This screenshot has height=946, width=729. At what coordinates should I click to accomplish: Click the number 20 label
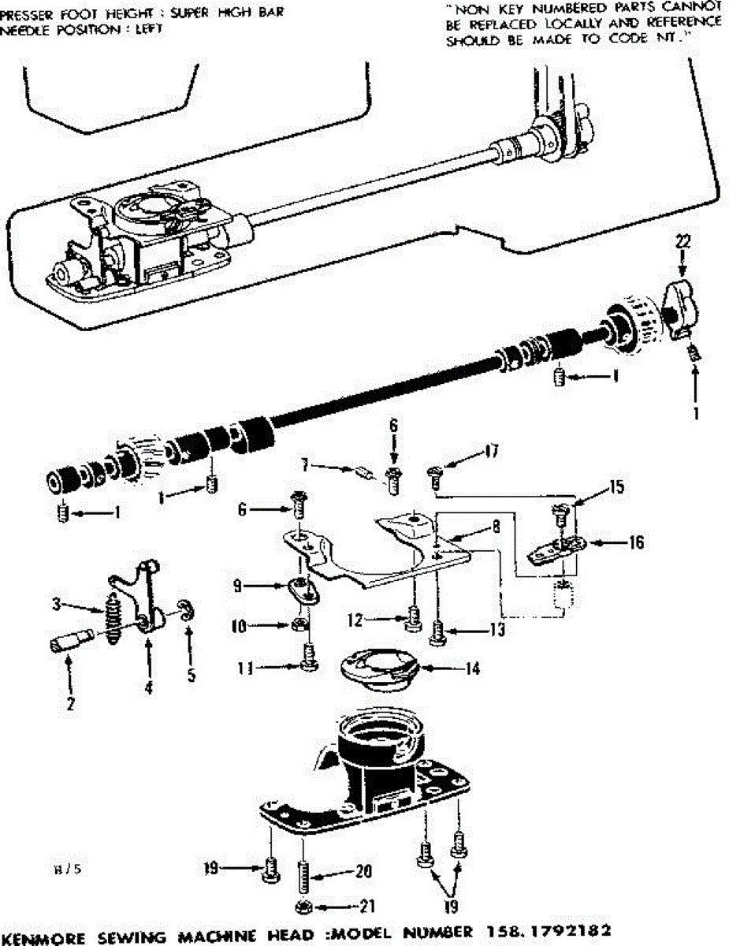[363, 871]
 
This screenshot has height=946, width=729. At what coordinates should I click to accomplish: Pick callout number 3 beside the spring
[57, 605]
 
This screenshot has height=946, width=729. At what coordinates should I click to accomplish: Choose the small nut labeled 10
[299, 625]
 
